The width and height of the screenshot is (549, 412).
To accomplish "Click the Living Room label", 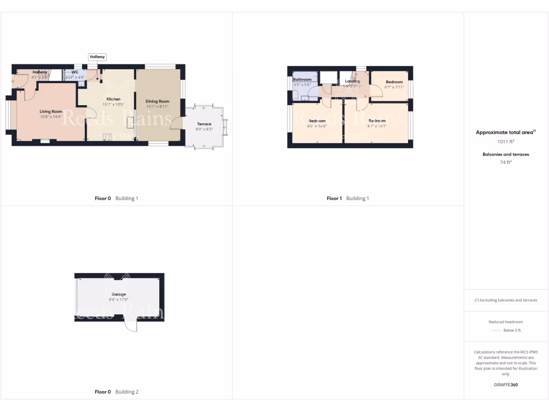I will coord(51,112).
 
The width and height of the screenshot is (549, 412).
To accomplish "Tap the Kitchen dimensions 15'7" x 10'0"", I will coord(114,105).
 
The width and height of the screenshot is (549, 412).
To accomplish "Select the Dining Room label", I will coord(158,101).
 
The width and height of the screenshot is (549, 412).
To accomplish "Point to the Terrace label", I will coord(204,124).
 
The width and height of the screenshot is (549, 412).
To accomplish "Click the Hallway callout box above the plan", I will coord(98,57).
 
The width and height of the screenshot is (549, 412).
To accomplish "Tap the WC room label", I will coord(75,72).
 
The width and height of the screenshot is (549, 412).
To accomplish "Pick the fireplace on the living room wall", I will coord(45,141).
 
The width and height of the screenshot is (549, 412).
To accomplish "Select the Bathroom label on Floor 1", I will coord(302,79).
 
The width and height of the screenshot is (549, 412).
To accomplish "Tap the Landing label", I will coord(352,81).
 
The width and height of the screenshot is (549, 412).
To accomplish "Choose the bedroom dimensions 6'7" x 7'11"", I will coord(394,87).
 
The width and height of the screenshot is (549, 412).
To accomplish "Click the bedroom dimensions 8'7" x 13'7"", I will coord(377,126).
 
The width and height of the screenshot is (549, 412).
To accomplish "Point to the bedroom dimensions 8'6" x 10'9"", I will coord(316,126).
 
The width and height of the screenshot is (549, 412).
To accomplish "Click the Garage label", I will coord(118,295).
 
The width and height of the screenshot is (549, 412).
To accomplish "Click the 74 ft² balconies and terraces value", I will coord(506,161).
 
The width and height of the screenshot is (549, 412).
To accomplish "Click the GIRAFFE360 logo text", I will coord(506,385).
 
